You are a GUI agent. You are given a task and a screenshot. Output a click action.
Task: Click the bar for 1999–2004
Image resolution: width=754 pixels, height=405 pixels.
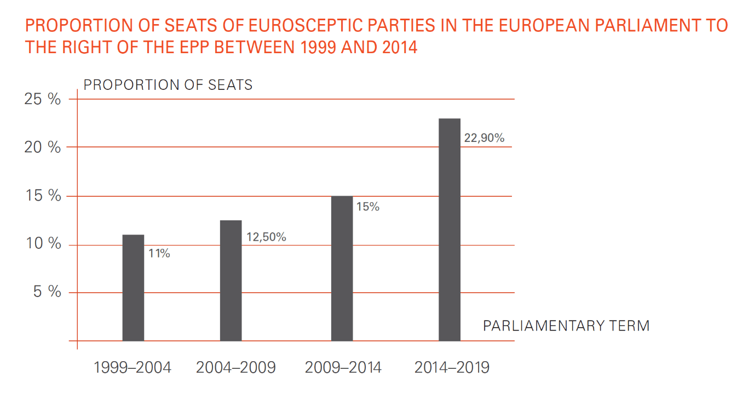133,288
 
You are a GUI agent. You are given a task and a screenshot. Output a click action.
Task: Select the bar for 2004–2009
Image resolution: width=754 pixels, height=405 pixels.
231,281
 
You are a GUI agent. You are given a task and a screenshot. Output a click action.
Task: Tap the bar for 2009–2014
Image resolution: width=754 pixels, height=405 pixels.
342,269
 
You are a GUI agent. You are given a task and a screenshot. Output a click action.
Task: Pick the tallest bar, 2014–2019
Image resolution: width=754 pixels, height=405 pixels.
450,230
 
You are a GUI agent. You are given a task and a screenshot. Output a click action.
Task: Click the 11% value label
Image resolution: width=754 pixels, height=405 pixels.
159,254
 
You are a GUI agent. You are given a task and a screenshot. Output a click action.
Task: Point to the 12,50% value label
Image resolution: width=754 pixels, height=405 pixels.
266,237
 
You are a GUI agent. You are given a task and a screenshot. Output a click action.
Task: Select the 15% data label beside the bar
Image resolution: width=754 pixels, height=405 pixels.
368,207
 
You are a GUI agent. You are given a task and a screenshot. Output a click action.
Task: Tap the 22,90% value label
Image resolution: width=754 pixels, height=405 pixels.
484,139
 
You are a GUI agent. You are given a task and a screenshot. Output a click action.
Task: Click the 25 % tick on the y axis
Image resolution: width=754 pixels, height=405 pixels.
43,99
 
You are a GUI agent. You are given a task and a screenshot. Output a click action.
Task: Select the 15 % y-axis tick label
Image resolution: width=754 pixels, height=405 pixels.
43,196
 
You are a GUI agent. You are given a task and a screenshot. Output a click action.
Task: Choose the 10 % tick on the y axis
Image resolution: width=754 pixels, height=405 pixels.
43,244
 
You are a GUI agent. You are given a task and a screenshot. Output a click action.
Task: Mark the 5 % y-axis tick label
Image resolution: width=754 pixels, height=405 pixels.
47,292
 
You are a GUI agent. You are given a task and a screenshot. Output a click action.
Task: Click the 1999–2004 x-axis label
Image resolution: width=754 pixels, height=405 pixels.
133,367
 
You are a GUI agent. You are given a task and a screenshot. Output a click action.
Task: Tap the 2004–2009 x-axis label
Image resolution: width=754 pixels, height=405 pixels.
236,367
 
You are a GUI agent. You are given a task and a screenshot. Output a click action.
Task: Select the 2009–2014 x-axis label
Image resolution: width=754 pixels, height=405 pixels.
343,367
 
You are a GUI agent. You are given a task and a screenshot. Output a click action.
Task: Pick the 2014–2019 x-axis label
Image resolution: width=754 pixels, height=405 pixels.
452,367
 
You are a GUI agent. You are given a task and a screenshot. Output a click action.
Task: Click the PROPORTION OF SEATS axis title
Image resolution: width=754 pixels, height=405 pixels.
168,85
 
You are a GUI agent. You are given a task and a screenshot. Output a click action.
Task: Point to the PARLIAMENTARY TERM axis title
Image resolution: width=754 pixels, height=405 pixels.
566,326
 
